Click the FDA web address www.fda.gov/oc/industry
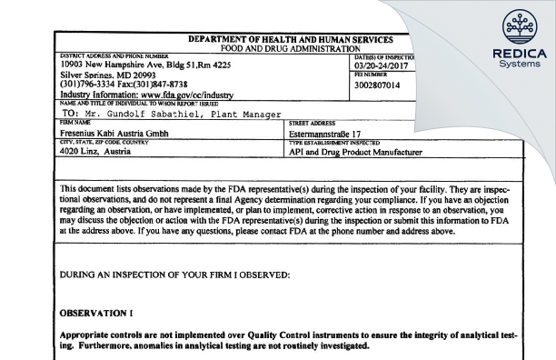click(163, 94)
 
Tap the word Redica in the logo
click(514, 53)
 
